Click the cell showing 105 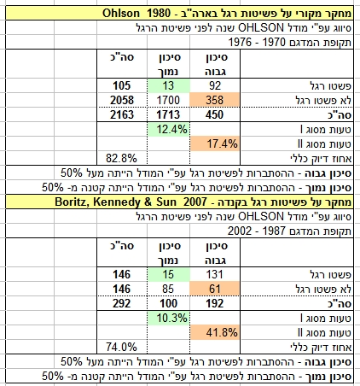pos(122,85)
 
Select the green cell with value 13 pos(168,85)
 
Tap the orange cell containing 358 pos(215,100)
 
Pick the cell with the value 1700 pos(168,100)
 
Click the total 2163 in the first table pos(122,114)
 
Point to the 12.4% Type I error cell pos(169,130)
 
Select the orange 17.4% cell pos(215,143)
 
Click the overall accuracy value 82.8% pos(121,158)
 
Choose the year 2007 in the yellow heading pos(195,202)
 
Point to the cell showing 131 pos(215,274)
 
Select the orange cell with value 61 pos(215,289)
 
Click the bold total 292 pos(122,303)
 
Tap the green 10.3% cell pos(169,318)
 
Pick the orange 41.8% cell pos(215,332)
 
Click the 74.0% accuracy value pos(121,347)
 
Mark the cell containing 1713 pos(168,114)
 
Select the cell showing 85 pos(168,289)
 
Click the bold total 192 pos(215,303)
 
